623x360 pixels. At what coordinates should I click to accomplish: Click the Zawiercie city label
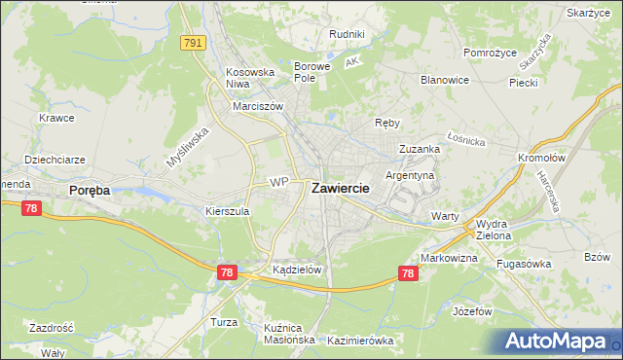coord(340,190)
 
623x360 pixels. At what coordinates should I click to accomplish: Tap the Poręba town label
coord(90,192)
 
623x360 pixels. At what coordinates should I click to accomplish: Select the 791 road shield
coord(193,42)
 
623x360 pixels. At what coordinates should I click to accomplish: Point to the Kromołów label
coord(542,158)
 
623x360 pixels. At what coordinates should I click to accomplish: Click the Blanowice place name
coord(444,81)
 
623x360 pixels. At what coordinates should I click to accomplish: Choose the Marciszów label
coord(257,107)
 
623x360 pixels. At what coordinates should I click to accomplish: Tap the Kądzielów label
coord(297,270)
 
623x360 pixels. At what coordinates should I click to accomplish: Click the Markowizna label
coord(449,258)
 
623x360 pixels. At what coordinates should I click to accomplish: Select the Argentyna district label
coord(410,175)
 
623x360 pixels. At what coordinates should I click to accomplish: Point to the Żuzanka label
coord(420,149)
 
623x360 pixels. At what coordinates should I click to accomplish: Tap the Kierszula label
coord(228,210)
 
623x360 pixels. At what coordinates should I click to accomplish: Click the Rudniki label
coord(347,34)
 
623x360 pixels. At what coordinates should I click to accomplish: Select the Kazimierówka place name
coord(360,341)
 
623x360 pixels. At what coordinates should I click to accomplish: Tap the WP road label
coord(279,181)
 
